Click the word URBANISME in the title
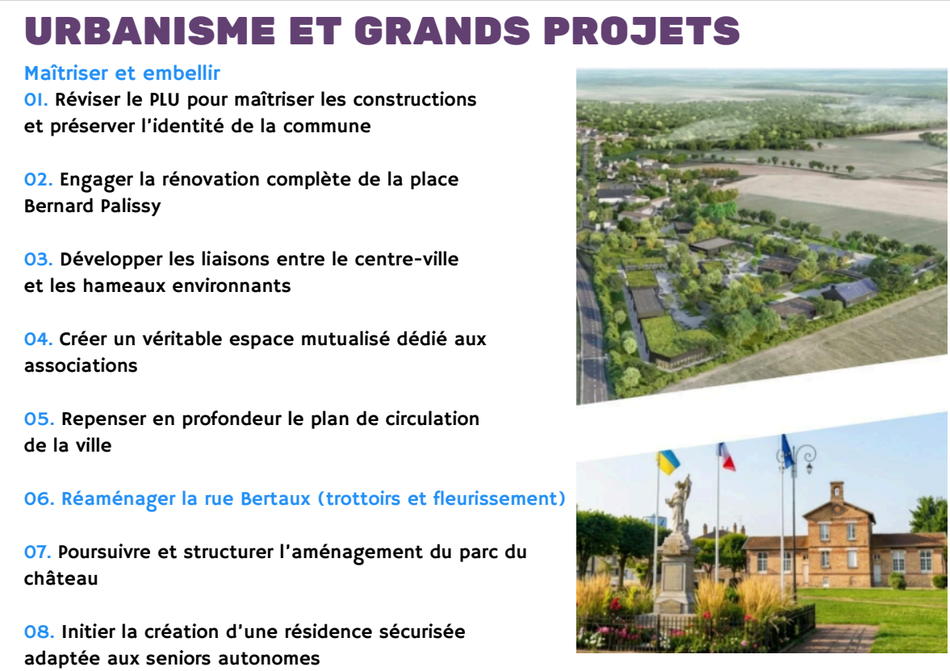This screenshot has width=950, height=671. [150, 31]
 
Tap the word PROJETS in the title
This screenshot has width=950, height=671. [642, 31]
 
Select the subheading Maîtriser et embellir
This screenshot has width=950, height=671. [122, 73]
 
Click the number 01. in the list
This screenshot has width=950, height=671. [36, 99]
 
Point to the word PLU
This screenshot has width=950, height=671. [165, 99]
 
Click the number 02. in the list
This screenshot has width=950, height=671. [38, 179]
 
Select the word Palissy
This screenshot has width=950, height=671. [131, 206]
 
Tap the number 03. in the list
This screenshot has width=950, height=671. [38, 259]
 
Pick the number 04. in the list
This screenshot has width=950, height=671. [38, 340]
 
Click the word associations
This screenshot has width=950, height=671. [81, 366]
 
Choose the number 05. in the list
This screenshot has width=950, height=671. [39, 419]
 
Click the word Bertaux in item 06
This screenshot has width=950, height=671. [276, 498]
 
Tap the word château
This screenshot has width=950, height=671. [61, 578]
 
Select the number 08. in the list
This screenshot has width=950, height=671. [39, 632]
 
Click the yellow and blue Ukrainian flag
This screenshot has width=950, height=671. [668, 462]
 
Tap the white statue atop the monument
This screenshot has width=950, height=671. [679, 505]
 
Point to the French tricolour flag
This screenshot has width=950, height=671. [726, 456]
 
